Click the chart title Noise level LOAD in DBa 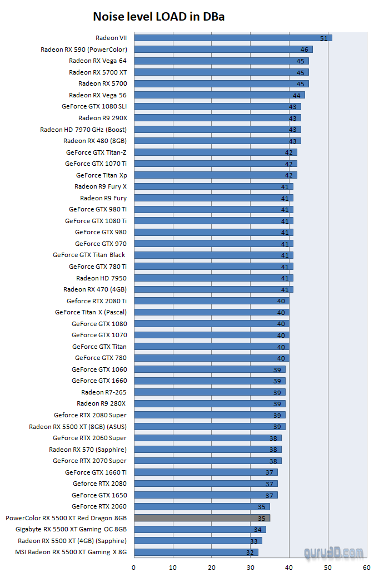[x=158, y=17]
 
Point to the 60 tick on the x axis [x=366, y=568]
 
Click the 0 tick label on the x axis [x=133, y=568]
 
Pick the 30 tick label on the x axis [x=250, y=568]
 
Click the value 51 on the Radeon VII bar [x=323, y=38]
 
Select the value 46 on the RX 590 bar [x=304, y=50]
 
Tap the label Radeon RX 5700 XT [x=98, y=72]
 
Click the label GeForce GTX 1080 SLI [x=94, y=106]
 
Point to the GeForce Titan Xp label [x=102, y=175]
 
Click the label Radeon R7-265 [x=104, y=392]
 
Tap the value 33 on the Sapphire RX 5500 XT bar [x=253, y=541]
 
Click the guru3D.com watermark [x=334, y=553]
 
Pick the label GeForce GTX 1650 [x=99, y=495]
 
